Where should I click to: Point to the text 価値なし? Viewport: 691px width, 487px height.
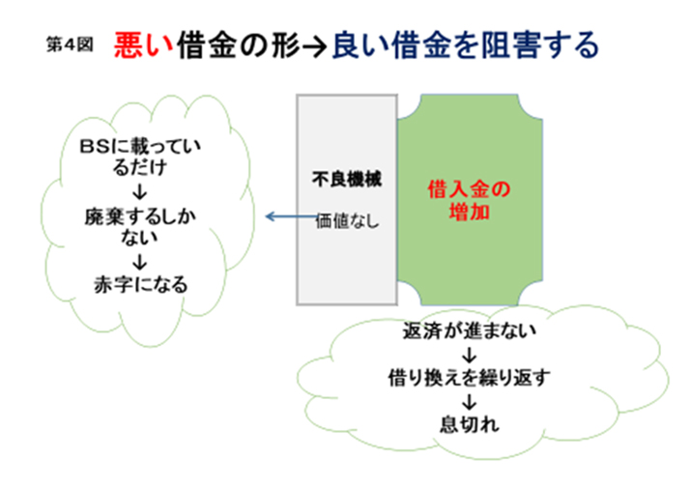(x=347, y=219)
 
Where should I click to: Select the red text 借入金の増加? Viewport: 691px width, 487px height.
(x=467, y=197)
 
